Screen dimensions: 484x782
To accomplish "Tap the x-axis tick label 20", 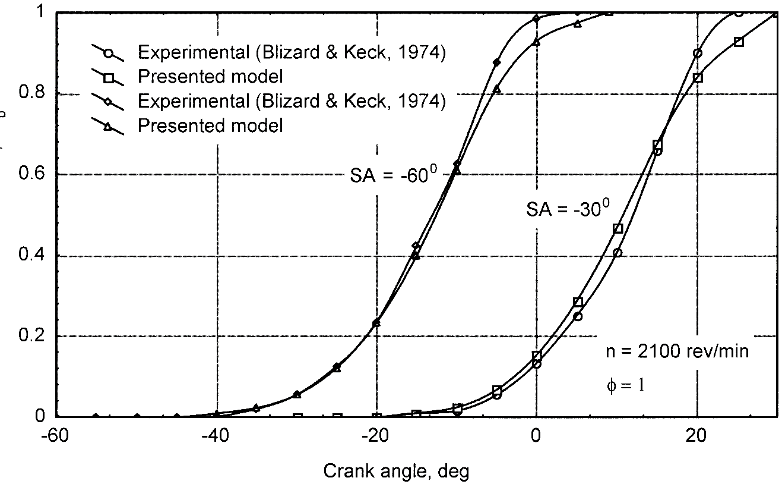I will click(696, 435).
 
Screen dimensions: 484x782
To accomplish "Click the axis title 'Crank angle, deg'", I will click(396, 472).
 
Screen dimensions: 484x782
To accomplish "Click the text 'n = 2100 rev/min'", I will click(677, 351).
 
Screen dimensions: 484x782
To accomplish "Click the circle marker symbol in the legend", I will click(107, 53).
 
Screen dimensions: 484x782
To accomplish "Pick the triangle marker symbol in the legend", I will click(107, 126).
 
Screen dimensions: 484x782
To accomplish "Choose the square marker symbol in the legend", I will click(107, 77).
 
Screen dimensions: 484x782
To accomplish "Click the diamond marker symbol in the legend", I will click(107, 102).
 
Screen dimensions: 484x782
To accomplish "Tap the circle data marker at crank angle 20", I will click(697, 53).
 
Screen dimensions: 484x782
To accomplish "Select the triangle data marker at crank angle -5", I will click(497, 89).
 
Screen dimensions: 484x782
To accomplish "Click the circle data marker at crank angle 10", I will click(618, 253).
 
